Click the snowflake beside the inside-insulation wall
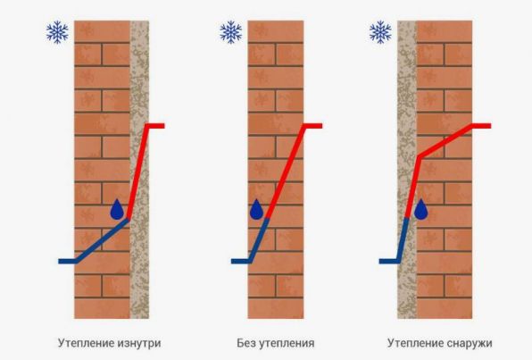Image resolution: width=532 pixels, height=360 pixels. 57,32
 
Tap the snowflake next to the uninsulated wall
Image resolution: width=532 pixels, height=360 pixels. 230,32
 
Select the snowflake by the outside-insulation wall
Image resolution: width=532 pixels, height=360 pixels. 380,32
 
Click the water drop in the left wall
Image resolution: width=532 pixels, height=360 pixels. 117,209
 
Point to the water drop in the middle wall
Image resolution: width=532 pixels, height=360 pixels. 256,209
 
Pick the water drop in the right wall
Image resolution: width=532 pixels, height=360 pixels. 421,209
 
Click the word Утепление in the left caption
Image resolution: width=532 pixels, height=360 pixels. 86,343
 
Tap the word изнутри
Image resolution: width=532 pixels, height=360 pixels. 139,343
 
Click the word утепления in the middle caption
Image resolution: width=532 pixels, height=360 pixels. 287,343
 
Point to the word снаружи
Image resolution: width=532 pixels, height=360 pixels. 470,343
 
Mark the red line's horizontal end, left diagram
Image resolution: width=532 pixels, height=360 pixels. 164,126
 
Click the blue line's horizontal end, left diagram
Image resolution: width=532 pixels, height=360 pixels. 59,261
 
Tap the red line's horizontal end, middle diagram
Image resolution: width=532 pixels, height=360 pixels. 322,126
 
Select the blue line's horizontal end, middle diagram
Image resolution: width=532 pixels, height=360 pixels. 232,261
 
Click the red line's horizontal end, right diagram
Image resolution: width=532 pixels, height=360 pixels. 491,126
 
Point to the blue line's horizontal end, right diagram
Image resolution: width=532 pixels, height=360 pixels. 379,261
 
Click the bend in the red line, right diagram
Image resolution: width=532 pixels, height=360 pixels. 420,157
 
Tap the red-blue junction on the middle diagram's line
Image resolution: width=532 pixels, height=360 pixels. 268,218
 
